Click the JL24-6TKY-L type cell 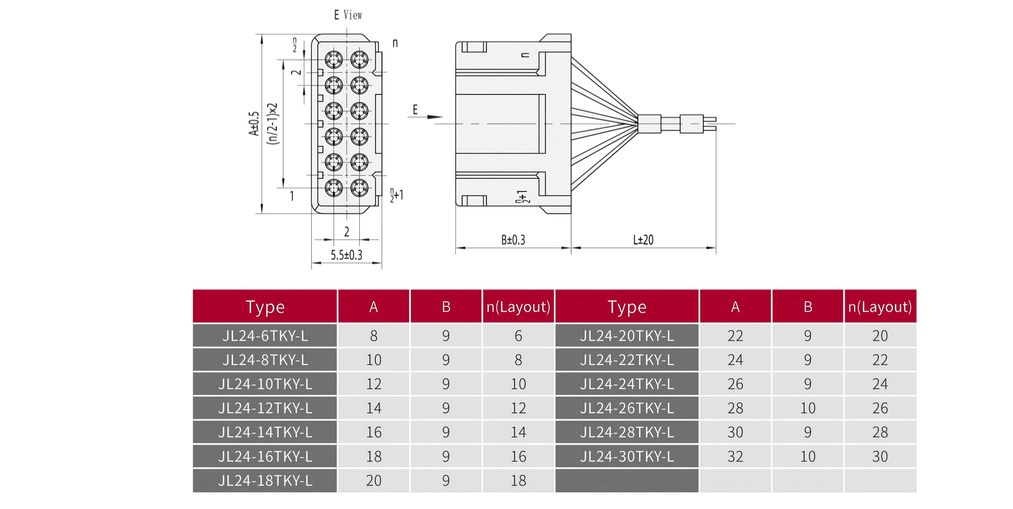(265, 336)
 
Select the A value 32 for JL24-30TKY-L (735, 457)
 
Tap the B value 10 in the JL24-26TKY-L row (807, 408)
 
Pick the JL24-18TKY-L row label (265, 481)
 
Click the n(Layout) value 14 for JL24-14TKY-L (518, 433)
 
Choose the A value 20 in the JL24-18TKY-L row (374, 481)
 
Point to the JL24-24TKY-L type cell (627, 384)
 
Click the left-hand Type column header (265, 307)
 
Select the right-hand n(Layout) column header (880, 307)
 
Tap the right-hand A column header (735, 307)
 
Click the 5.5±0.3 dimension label (347, 255)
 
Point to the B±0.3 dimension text (513, 240)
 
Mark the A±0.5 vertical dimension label (254, 124)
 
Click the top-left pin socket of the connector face (333, 59)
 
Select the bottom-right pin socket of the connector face (359, 188)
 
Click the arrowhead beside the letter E (436, 117)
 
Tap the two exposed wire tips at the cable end (710, 124)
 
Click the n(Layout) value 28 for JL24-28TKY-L (880, 433)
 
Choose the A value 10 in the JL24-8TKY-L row (374, 360)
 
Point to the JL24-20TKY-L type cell (627, 336)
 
